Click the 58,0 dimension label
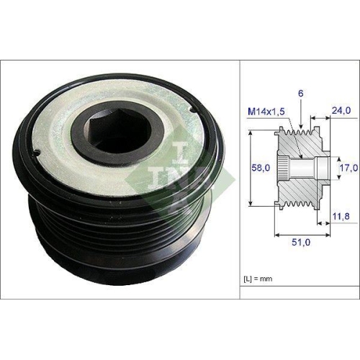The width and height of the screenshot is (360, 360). tap(261, 168)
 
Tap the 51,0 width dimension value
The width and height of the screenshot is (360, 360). tap(301, 242)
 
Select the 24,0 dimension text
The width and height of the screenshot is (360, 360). tap(341, 110)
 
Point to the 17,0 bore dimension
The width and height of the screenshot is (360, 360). tap(348, 168)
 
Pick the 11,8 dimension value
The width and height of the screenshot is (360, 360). tap(341, 216)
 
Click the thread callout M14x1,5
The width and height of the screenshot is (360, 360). tap(266, 112)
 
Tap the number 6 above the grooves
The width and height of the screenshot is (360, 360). tap(301, 94)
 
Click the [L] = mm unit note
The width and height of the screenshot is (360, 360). tap(258, 279)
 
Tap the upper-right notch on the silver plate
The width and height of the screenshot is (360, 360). tap(193, 110)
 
